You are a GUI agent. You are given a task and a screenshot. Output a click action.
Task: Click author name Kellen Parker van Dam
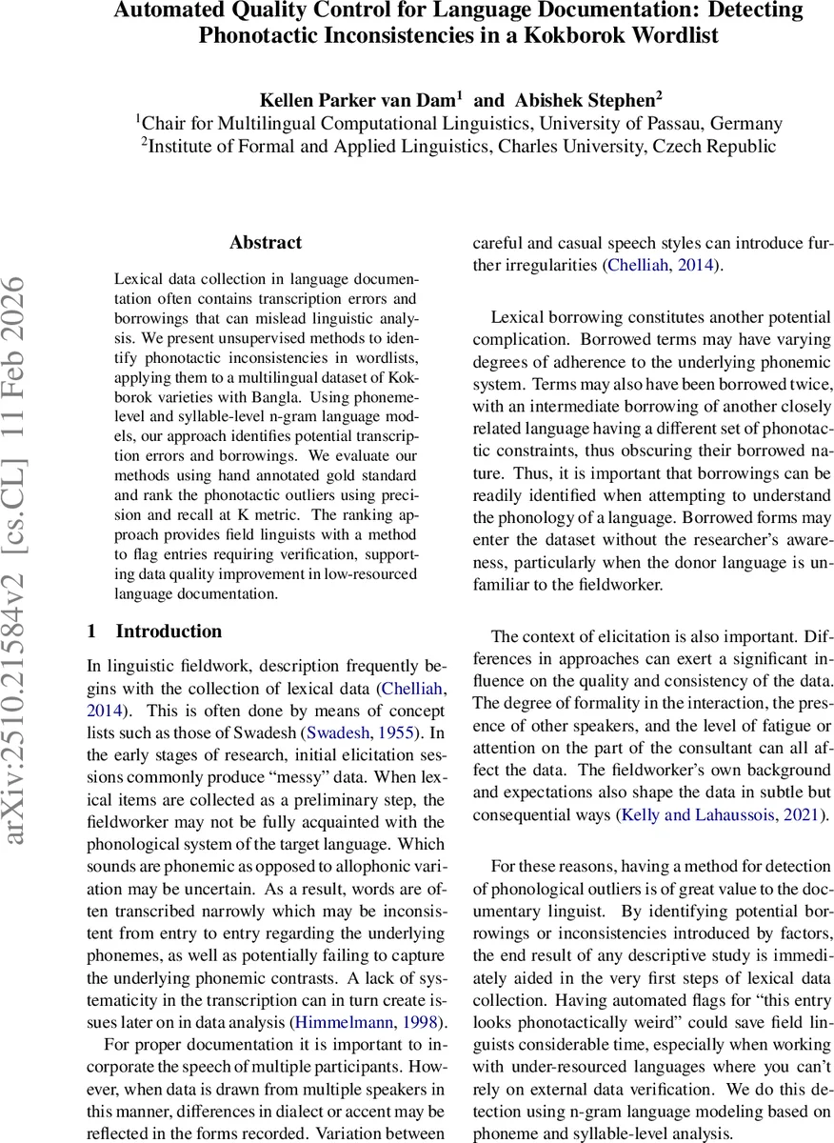(x=360, y=98)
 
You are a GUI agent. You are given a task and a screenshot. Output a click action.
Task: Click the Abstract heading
(x=266, y=242)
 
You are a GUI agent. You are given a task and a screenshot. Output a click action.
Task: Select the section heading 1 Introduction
(x=154, y=632)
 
